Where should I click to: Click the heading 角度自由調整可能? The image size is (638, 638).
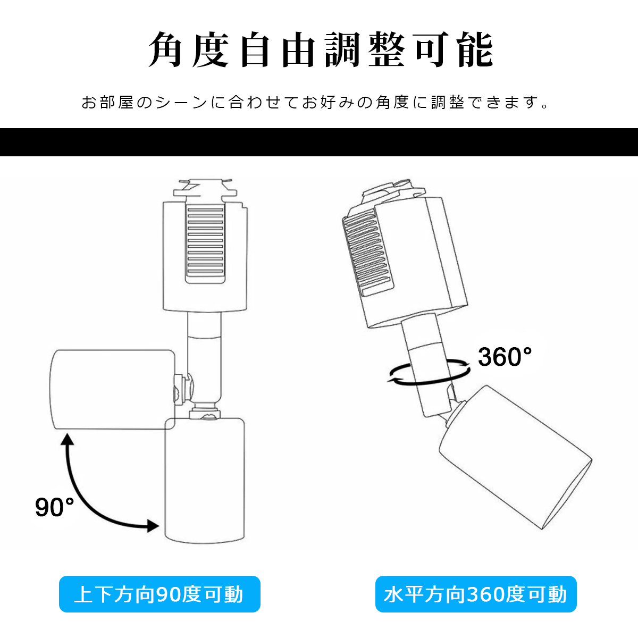321,50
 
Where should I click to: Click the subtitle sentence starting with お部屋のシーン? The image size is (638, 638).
315,103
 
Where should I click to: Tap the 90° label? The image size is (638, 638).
55,507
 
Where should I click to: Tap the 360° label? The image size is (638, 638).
505,357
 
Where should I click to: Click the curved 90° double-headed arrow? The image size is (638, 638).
83,497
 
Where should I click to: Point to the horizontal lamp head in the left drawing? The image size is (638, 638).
113,389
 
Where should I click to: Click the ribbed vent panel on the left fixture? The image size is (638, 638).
205,244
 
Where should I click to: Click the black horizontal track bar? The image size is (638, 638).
319,142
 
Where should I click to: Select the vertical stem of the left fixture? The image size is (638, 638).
204,361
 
